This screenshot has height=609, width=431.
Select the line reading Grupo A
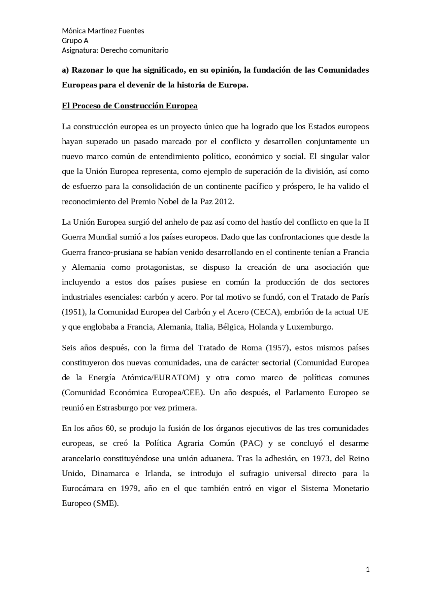click(x=75, y=41)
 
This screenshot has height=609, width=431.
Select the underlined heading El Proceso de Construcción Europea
click(x=130, y=106)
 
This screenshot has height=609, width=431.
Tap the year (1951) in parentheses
click(x=74, y=312)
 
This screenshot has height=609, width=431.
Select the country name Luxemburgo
click(x=309, y=327)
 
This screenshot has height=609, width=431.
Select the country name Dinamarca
click(x=110, y=473)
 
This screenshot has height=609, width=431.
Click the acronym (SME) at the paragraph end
click(x=105, y=503)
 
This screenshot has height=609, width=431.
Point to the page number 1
click(x=368, y=569)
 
